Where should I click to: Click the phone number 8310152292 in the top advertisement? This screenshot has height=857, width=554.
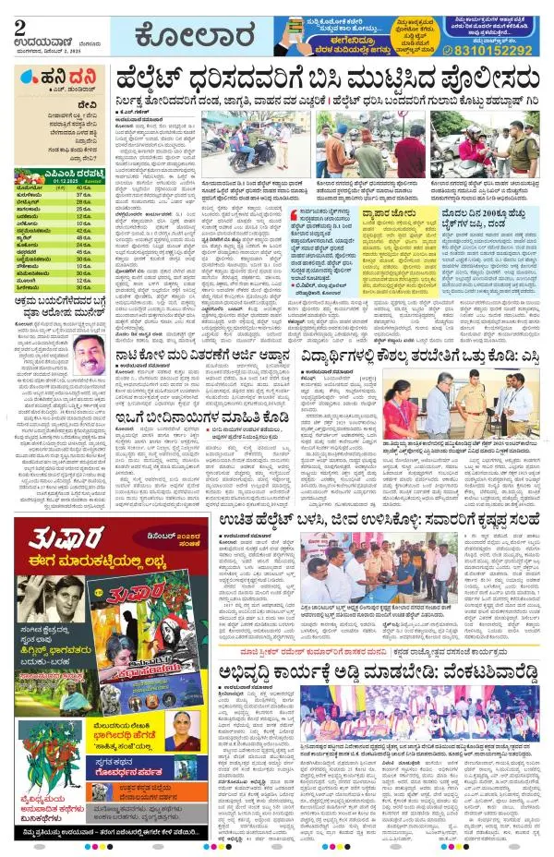coord(502,51)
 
